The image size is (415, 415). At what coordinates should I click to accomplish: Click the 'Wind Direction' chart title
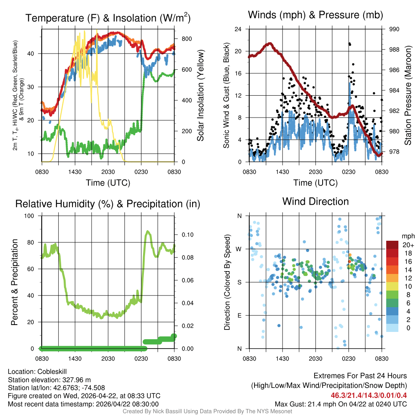coord(315,201)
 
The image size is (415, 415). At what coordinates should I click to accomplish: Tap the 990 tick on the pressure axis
coord(394,29)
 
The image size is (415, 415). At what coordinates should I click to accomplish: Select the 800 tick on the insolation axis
coord(186,39)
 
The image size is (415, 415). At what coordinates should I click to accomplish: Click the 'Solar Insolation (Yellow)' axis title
coord(200,96)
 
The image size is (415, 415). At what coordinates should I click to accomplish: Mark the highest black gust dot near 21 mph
coord(349,43)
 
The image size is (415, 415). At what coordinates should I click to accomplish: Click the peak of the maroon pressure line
coord(269,43)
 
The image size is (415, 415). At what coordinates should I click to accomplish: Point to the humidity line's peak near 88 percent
coord(148,231)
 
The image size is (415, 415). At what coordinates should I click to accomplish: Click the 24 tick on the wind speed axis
coord(239,29)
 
